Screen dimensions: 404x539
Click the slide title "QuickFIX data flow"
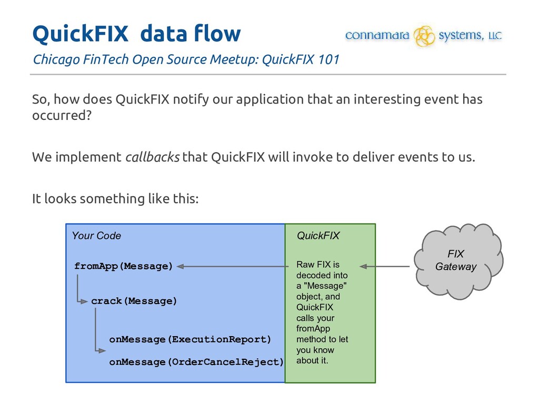[136, 34]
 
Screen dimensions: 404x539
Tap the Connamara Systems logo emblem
[424, 36]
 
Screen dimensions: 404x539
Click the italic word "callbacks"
[152, 157]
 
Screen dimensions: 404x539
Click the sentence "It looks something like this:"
[115, 199]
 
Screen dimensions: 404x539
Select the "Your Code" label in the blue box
[96, 236]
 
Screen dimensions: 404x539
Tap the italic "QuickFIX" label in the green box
[318, 236]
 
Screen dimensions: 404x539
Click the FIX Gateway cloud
[456, 261]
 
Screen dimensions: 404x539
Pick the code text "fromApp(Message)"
[124, 266]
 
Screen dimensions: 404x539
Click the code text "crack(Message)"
[134, 301]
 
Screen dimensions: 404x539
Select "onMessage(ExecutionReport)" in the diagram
[190, 339]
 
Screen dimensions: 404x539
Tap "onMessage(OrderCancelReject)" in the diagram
[196, 362]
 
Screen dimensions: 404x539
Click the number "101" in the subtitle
[328, 59]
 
